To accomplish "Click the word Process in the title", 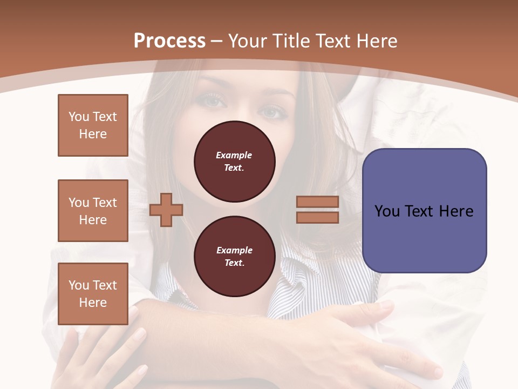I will pyautogui.click(x=169, y=41).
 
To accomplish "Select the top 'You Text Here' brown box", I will pyautogui.click(x=93, y=125).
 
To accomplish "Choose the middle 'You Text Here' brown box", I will pyautogui.click(x=93, y=211).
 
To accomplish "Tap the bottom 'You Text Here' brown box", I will pyautogui.click(x=93, y=294).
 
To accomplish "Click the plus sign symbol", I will pyautogui.click(x=166, y=210).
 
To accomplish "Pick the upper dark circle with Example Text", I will pyautogui.click(x=234, y=162).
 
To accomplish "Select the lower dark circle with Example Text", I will pyautogui.click(x=234, y=257).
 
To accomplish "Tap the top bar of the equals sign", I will pyautogui.click(x=317, y=202).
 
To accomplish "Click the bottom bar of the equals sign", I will pyautogui.click(x=317, y=218).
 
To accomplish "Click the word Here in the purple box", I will pyautogui.click(x=456, y=211).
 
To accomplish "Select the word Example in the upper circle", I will pyautogui.click(x=234, y=155).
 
